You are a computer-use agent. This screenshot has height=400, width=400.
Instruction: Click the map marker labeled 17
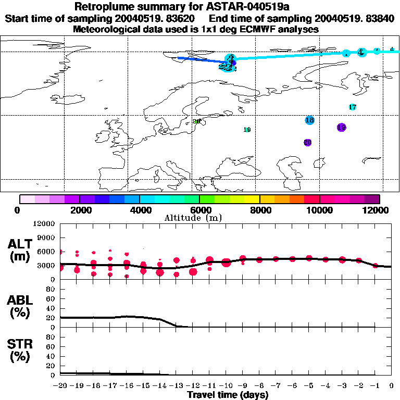[x=353, y=107]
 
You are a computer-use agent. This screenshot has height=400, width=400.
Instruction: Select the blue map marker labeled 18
[x=309, y=120]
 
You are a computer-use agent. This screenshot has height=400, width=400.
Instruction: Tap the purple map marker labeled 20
[x=307, y=142]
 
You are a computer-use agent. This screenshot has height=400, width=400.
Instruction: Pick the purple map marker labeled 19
[x=342, y=127]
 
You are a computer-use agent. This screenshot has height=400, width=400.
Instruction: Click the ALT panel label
[x=20, y=250]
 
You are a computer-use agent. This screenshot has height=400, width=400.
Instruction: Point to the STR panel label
[x=20, y=351]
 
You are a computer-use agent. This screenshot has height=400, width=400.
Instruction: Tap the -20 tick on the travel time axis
[x=60, y=386]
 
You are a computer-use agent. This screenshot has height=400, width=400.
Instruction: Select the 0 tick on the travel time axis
[x=391, y=386]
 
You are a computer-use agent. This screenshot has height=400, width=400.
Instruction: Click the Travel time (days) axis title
[x=228, y=395]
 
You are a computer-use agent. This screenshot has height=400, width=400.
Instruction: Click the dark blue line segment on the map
[x=201, y=60]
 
